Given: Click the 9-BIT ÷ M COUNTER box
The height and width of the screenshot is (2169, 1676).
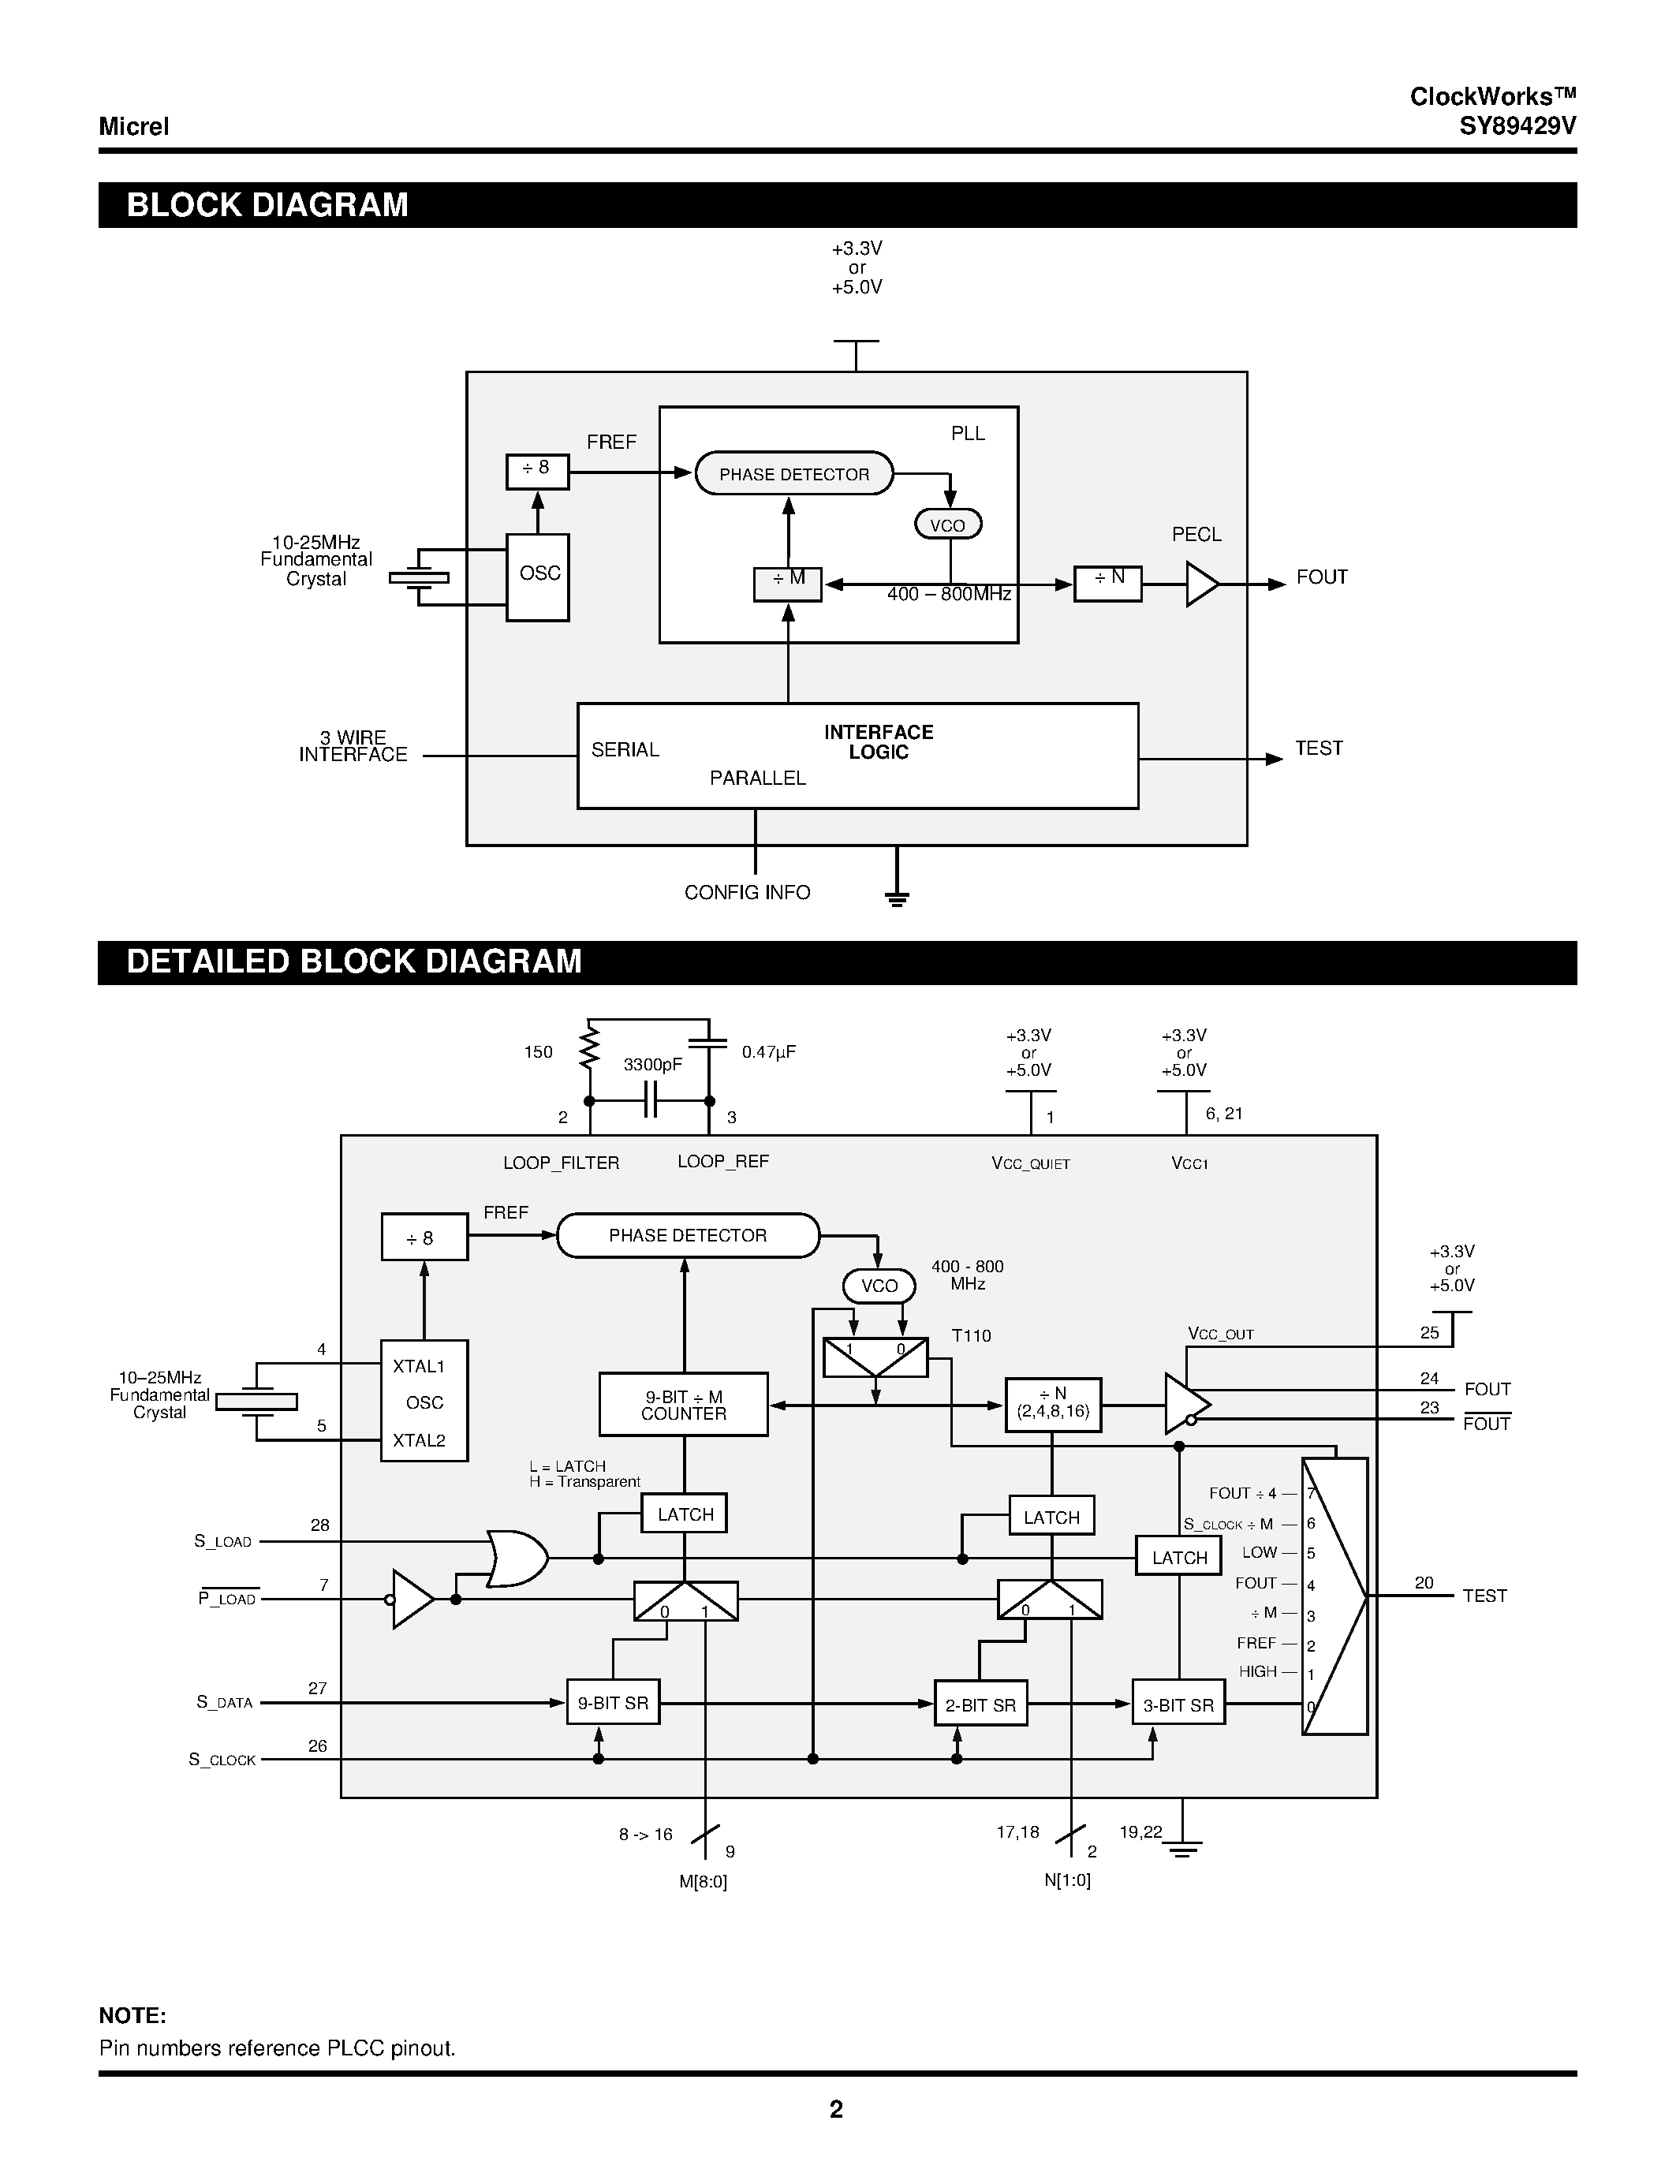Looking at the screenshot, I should click(x=683, y=1404).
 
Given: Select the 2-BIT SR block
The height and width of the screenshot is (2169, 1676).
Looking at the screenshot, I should click(x=980, y=1705).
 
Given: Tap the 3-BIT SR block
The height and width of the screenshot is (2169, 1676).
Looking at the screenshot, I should click(x=1178, y=1705).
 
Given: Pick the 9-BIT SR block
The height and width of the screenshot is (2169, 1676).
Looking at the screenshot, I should click(x=613, y=1703).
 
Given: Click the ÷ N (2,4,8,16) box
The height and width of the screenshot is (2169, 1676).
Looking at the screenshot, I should click(x=1052, y=1403).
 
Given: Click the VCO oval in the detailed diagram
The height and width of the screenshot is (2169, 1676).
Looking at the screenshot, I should click(x=879, y=1286).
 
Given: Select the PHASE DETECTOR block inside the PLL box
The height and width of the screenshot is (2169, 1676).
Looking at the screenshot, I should click(x=793, y=474).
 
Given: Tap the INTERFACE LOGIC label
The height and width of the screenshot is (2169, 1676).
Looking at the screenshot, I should click(x=878, y=742).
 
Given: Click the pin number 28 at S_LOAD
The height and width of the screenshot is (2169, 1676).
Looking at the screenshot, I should click(x=319, y=1525).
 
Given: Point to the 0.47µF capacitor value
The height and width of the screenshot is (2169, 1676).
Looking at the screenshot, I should click(x=768, y=1051).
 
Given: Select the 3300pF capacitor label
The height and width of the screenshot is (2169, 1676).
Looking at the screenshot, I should click(x=652, y=1065).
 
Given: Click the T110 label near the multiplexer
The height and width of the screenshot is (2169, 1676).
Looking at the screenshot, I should click(x=970, y=1336).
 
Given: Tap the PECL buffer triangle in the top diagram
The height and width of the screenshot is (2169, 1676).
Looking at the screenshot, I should click(x=1200, y=584).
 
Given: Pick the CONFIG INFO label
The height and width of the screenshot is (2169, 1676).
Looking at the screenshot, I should click(x=747, y=893).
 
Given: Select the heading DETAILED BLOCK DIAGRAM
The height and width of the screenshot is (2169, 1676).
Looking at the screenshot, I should click(x=353, y=961).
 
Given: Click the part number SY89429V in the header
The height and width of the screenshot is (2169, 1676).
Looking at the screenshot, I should click(x=1516, y=126).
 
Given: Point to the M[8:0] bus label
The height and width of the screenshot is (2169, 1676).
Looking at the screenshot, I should click(x=703, y=1882).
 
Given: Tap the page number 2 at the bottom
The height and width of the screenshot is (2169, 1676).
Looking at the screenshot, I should click(x=836, y=2109).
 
